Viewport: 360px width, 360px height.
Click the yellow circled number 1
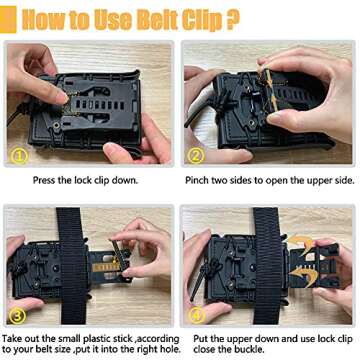pos(19,155)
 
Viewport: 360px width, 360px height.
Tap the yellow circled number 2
pos(196,154)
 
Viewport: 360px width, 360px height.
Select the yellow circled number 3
pos(18,316)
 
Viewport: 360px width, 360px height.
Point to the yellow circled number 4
pos(197,316)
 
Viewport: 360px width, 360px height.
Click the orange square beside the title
pos(8,19)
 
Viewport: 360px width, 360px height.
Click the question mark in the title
pos(233,20)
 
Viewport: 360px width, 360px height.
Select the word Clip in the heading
pos(202,21)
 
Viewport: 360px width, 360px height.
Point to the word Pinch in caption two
pos(197,180)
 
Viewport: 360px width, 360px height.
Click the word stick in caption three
pos(123,339)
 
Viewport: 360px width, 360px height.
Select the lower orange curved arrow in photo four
pos(301,274)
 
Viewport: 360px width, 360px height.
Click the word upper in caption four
pos(240,340)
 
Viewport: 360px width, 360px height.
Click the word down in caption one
pos(127,180)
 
